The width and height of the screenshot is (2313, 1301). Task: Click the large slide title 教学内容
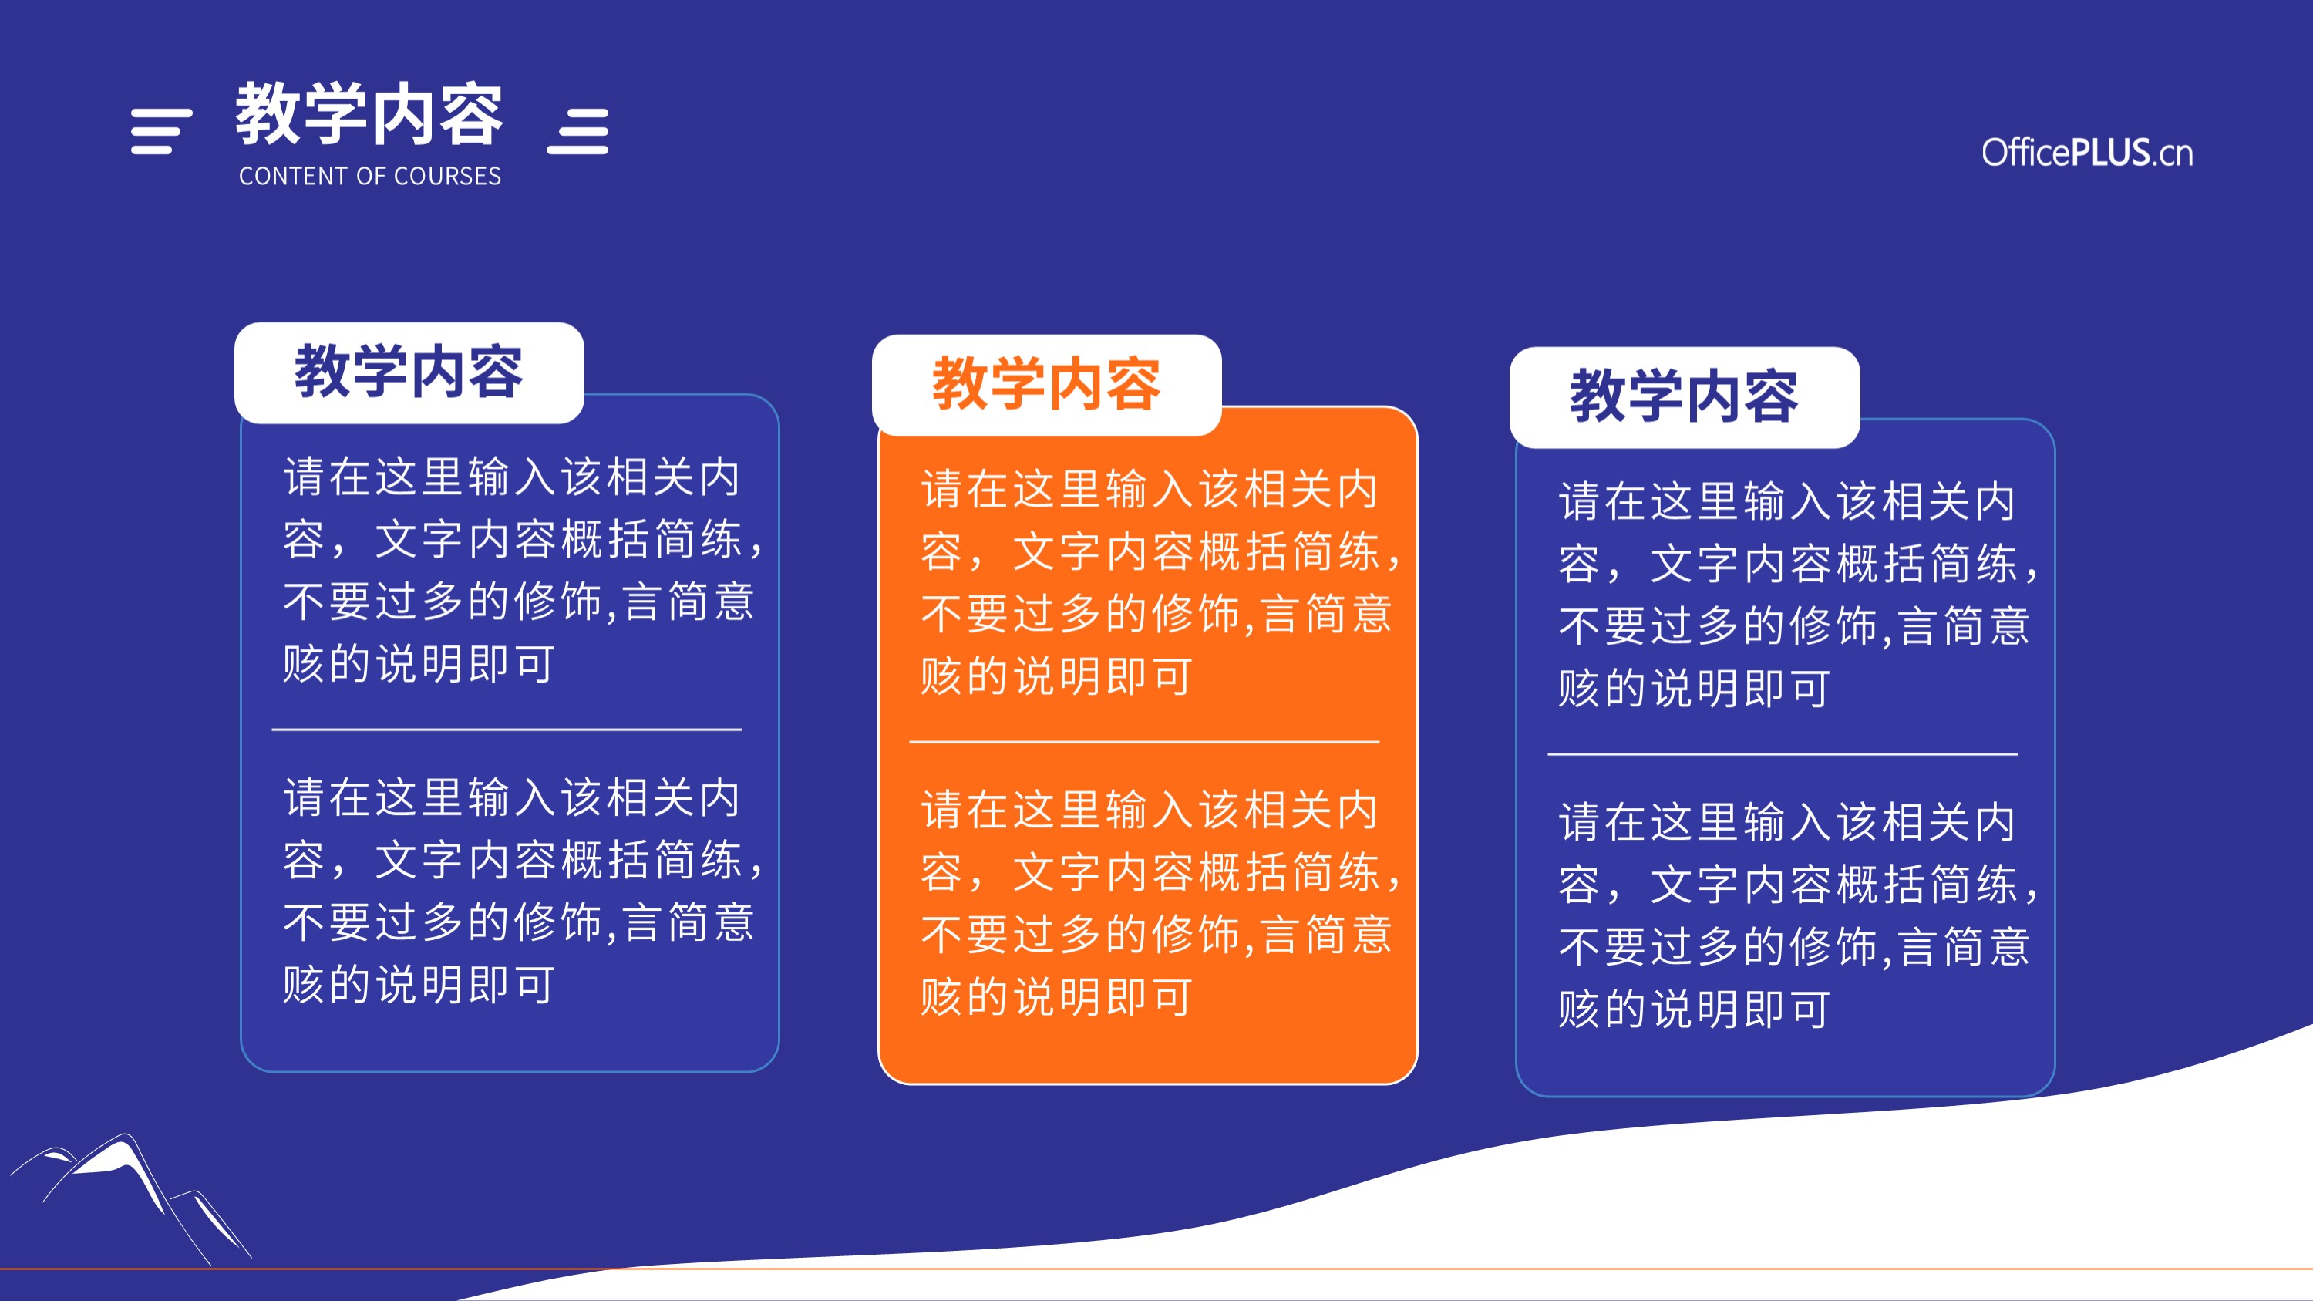click(369, 114)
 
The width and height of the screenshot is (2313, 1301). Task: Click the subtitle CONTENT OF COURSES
click(370, 176)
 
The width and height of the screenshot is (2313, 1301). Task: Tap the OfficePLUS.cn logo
click(2087, 153)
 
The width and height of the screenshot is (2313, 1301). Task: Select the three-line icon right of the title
click(578, 131)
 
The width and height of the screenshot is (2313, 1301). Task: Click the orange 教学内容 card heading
click(1046, 383)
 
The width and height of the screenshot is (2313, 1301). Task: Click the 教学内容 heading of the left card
click(409, 371)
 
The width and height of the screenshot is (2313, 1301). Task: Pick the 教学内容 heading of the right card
click(1684, 396)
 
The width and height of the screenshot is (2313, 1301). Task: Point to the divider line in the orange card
click(1144, 743)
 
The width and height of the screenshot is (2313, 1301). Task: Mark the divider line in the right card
click(1783, 754)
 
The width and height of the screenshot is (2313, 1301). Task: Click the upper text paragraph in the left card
click(523, 570)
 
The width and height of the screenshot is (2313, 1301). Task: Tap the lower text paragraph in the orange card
click(1160, 903)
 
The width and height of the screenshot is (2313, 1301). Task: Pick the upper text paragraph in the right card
click(1799, 595)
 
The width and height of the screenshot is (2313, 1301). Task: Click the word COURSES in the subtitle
click(447, 176)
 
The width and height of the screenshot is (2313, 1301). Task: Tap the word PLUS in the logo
click(2109, 153)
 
